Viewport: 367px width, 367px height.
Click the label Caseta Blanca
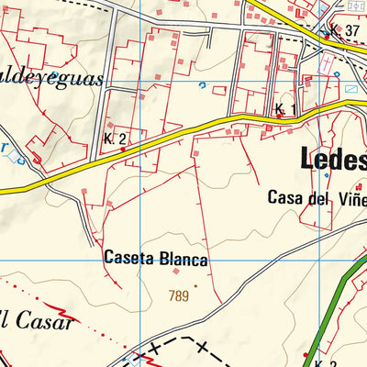(x=156, y=260)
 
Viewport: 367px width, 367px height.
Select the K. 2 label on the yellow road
(x=115, y=139)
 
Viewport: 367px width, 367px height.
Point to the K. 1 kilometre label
(x=285, y=110)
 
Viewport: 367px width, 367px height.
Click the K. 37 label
(x=345, y=31)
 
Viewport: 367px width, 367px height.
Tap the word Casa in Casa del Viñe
(x=284, y=197)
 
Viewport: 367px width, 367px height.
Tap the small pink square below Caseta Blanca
(x=176, y=271)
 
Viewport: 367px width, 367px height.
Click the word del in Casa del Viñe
(x=318, y=197)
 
